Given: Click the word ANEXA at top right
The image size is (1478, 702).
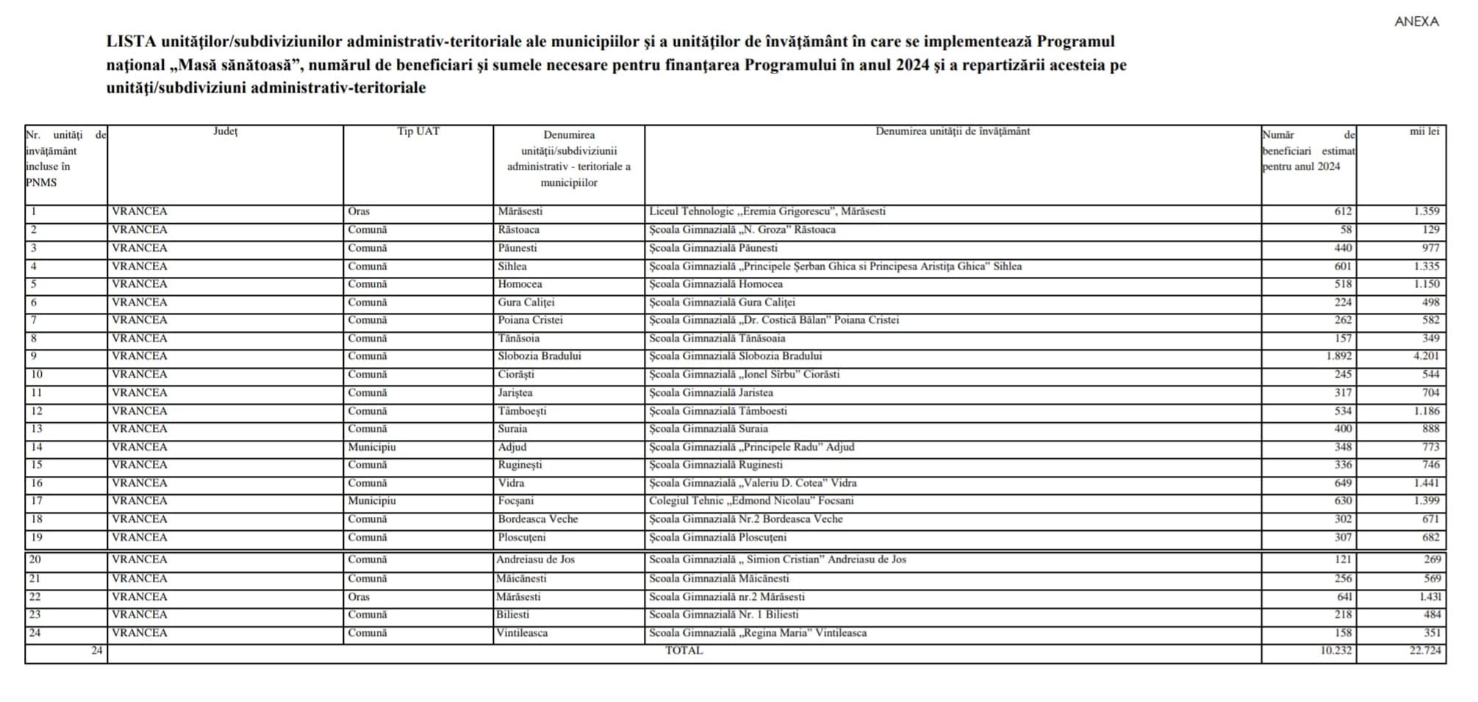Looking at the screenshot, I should click(1416, 22).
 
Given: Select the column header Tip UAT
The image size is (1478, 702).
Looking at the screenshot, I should click(418, 131).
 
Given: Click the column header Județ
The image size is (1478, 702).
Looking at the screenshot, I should click(225, 131).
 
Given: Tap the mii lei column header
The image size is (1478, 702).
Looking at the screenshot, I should click(1424, 131).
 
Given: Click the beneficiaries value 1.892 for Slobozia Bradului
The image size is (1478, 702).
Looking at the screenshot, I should click(1338, 356).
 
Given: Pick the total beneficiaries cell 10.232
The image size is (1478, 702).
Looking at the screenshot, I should click(1335, 651).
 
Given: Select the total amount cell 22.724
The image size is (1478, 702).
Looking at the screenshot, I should click(1425, 651).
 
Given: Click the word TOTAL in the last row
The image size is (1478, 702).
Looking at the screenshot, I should click(684, 651).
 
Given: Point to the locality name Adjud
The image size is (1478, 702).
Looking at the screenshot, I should click(512, 447).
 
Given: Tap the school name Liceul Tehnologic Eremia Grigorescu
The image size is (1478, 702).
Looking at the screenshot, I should click(767, 211).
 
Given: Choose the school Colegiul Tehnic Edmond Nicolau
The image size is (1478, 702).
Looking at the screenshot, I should click(751, 501).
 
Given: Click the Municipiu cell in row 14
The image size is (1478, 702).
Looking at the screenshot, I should click(372, 447).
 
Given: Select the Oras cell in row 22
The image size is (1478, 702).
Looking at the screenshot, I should click(359, 597).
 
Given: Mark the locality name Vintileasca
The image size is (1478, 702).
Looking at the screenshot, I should click(522, 633).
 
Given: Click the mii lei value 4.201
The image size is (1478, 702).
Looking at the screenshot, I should click(1426, 356).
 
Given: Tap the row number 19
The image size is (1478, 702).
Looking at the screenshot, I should click(36, 538).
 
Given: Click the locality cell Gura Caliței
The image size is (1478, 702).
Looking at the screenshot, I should click(525, 303).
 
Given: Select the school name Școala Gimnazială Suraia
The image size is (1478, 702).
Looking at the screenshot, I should click(708, 429).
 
